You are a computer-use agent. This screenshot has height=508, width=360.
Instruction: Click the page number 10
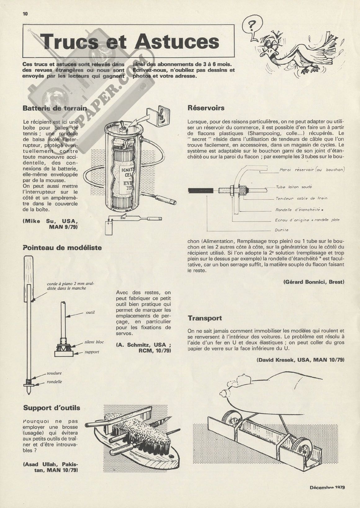(25, 13)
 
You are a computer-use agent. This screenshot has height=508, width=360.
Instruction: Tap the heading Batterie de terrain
(55, 108)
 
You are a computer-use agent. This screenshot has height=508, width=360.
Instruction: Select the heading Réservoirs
(206, 108)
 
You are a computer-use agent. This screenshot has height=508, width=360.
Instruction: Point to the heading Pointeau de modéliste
(62, 247)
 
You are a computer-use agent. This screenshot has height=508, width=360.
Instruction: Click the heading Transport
(205, 318)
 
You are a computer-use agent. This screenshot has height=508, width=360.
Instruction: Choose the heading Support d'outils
(52, 408)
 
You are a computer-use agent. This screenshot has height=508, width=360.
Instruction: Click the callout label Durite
(282, 230)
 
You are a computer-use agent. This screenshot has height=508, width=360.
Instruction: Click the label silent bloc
(94, 342)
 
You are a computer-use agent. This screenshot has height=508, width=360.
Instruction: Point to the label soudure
(54, 373)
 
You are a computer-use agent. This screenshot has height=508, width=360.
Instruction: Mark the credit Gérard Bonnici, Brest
(314, 282)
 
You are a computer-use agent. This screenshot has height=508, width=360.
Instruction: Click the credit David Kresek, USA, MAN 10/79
(300, 360)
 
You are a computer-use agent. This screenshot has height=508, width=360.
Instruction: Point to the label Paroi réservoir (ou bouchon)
(312, 170)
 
